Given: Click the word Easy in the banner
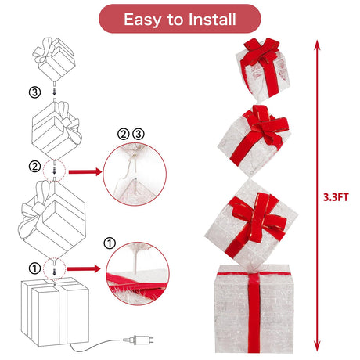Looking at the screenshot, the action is click(142, 20).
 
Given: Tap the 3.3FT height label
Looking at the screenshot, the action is click(336, 197).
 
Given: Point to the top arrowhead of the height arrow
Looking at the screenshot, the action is click(317, 45).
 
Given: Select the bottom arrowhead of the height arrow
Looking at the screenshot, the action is click(317, 347).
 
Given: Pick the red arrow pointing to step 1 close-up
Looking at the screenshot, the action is click(84, 269).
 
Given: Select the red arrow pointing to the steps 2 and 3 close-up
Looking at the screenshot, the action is click(85, 171).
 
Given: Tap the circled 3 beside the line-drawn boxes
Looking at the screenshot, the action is click(34, 92).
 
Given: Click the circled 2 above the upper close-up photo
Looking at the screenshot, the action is click(124, 134).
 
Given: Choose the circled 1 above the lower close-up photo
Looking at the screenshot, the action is click(110, 243).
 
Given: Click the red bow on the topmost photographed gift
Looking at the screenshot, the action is click(261, 52).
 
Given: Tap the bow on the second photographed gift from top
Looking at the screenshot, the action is click(266, 124).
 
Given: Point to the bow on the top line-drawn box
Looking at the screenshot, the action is click(44, 49).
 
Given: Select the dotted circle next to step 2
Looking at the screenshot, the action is click(54, 171).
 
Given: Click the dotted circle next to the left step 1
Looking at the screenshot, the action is click(54, 268).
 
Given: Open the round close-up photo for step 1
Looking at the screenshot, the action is click(138, 273).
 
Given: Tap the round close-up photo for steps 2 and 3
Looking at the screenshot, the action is click(135, 175).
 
